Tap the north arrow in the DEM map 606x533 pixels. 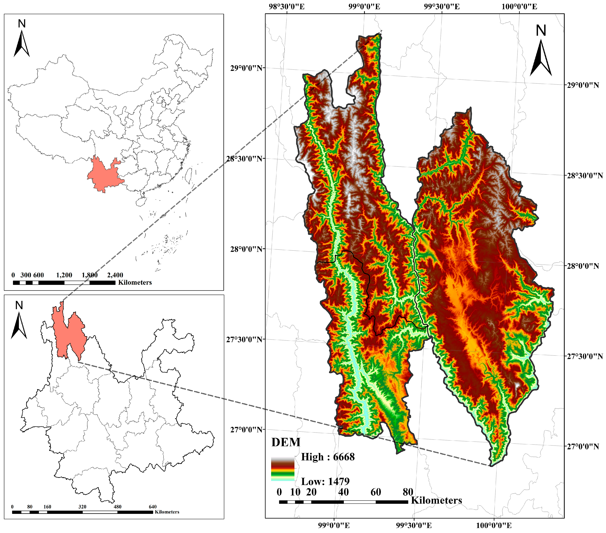coord(541,58)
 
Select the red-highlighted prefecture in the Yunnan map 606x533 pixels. coord(68,332)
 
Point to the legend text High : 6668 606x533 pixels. coord(328,457)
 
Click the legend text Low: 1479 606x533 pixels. coord(325,481)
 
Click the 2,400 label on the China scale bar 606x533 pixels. coord(115,275)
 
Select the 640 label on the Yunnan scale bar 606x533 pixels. coord(152,507)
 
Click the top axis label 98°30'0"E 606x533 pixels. coord(286,6)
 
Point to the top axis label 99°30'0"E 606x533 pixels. coord(441,6)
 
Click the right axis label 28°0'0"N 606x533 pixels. coord(583,266)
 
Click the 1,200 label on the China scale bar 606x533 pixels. coord(64,275)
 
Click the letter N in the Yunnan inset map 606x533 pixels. coord(19,305)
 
